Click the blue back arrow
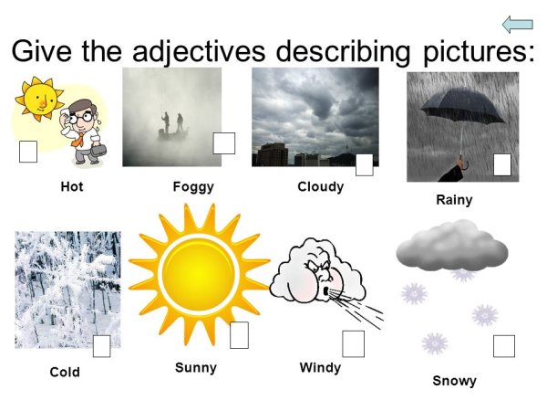517,25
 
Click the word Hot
71,186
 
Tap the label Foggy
192,186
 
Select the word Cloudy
320,186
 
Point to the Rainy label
453,199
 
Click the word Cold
65,372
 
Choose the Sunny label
196,367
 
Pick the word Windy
319,367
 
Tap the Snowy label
454,380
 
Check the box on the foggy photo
224,143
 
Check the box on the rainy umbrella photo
502,164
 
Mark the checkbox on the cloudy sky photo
364,164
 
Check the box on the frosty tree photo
102,346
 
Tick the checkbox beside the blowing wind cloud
353,343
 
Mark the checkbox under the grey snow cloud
504,346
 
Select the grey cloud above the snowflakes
452,244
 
